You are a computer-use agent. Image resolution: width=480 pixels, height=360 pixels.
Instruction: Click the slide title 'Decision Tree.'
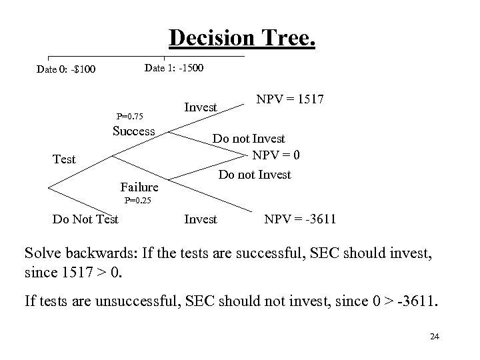[x=242, y=38]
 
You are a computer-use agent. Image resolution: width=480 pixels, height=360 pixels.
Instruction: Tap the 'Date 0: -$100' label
[x=66, y=69]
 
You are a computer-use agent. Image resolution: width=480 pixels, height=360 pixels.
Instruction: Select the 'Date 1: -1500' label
[x=174, y=68]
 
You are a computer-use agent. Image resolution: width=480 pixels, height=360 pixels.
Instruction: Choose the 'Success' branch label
[x=133, y=131]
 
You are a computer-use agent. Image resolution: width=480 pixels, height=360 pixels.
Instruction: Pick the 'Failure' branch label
[x=139, y=187]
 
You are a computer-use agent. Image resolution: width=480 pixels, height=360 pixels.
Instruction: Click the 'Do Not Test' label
[x=85, y=219]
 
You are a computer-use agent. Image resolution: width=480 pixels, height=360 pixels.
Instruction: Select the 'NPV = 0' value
[x=276, y=155]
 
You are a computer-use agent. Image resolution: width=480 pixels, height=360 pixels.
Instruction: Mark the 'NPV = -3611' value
[x=300, y=219]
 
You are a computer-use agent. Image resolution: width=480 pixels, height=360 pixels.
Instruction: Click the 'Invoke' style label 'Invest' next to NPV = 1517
[x=200, y=107]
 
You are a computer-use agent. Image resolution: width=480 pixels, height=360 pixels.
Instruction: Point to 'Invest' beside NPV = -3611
[x=200, y=219]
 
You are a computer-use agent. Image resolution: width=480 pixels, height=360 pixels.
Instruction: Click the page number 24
[x=435, y=337]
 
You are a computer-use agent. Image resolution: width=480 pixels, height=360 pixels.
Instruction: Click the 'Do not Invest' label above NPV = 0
[x=249, y=139]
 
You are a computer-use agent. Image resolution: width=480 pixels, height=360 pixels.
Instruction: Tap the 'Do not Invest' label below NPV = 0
[x=255, y=175]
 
